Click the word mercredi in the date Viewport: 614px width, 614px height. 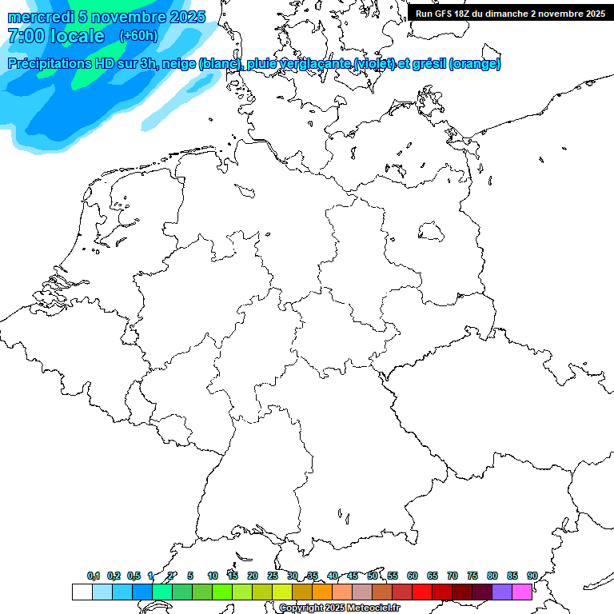click(x=40, y=17)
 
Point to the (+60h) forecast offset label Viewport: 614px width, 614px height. click(x=138, y=36)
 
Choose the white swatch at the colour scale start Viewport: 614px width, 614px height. click(x=82, y=592)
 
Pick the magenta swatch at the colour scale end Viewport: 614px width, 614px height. click(x=522, y=592)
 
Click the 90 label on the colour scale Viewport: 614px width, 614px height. click(x=532, y=576)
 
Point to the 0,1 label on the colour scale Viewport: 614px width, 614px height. click(x=94, y=576)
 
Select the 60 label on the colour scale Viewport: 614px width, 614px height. click(x=413, y=576)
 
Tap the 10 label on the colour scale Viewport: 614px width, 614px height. click(x=213, y=576)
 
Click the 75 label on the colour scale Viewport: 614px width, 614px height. click(x=472, y=576)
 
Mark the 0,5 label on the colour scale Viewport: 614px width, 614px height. click(x=134, y=576)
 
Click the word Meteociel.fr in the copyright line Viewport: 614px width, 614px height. click(x=377, y=608)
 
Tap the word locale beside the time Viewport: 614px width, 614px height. click(x=77, y=36)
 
